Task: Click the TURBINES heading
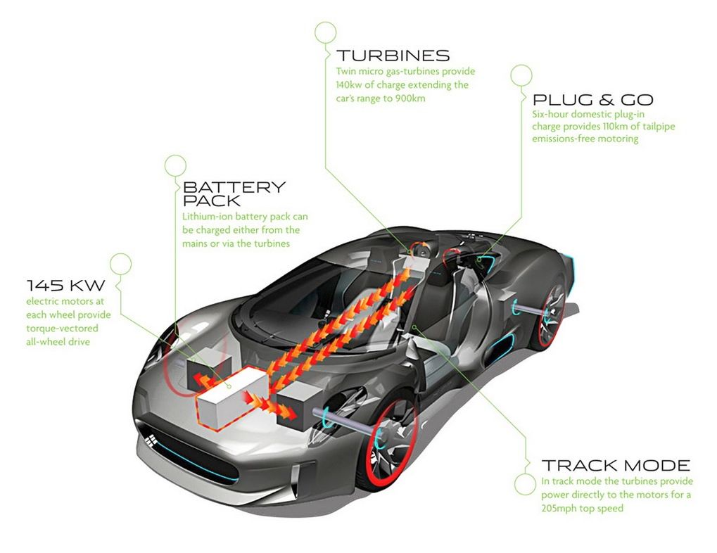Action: (392, 56)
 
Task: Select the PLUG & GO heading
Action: (592, 99)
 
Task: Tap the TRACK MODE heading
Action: (615, 465)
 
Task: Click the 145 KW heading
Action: (65, 285)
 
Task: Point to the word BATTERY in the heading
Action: (234, 187)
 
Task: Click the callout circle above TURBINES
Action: (325, 32)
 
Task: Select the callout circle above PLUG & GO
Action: (521, 75)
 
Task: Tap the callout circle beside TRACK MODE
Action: (525, 484)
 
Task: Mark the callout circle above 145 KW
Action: (120, 263)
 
